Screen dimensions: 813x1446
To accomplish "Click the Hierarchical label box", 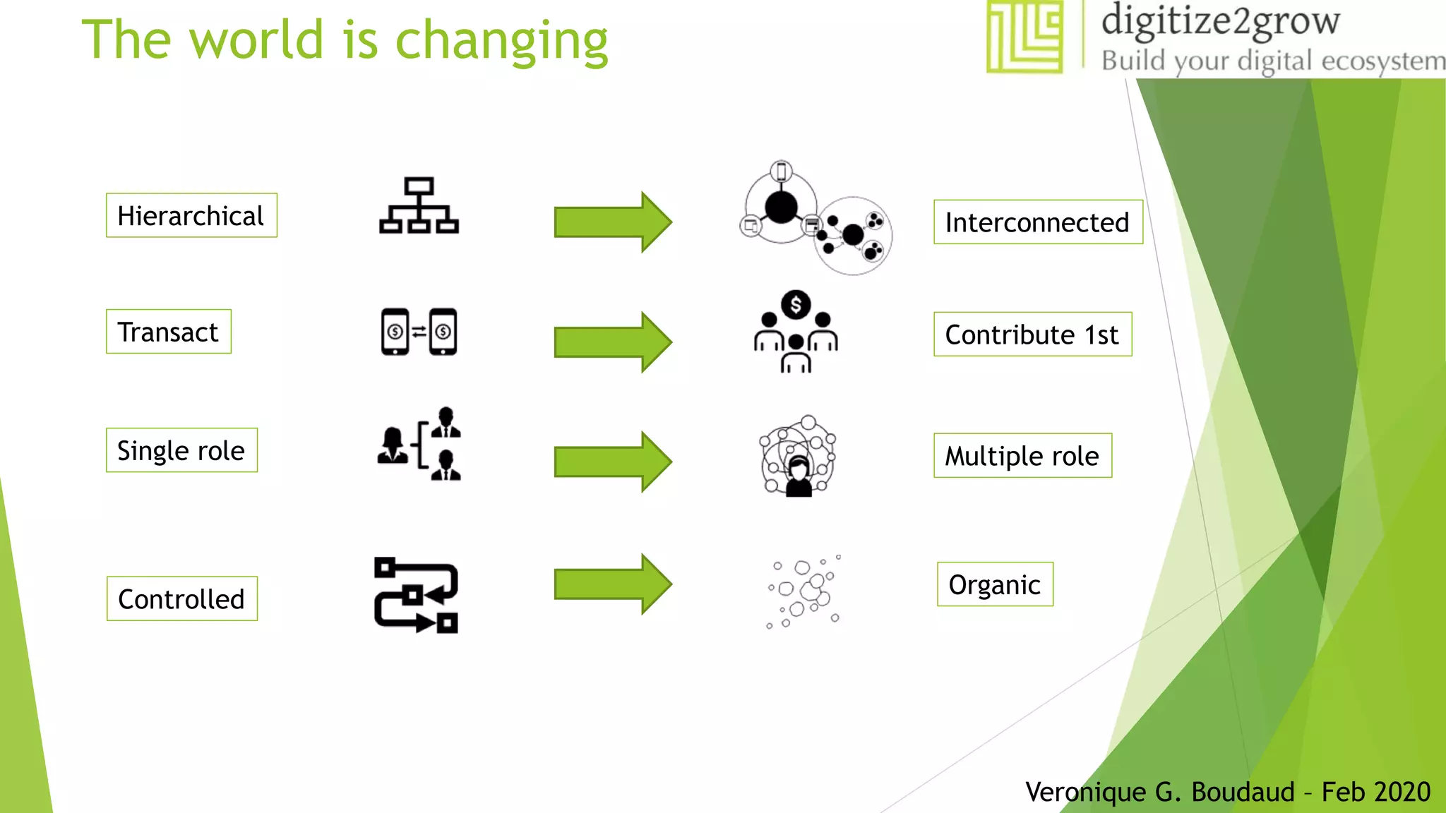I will click(191, 215).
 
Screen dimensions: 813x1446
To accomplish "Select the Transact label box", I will click(168, 332).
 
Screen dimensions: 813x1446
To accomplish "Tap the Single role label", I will click(181, 450).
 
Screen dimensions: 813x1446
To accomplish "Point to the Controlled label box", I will click(181, 599).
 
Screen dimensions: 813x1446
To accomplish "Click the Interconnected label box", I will click(1037, 222).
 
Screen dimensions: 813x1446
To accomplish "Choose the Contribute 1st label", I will click(1032, 335).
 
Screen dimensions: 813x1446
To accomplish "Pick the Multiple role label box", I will click(1022, 456).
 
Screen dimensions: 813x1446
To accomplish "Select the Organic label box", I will click(994, 584).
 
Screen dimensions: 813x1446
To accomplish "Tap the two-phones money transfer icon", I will click(419, 332).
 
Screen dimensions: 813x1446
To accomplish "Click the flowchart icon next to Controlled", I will click(417, 596).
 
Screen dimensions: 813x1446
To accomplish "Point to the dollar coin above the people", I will click(796, 305).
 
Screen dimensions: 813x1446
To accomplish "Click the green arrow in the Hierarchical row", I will click(613, 222).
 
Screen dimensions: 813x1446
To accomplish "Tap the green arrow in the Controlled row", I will click(613, 584).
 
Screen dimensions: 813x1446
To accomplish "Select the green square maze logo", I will click(1024, 37).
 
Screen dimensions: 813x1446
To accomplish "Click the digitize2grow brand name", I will click(1220, 21).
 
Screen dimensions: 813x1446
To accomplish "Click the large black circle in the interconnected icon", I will click(781, 207).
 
